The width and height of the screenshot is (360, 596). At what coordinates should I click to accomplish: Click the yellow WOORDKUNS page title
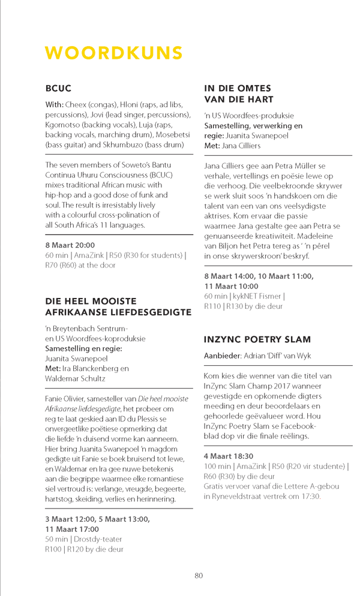pyautogui.click(x=114, y=53)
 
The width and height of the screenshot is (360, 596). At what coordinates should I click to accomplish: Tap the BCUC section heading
pyautogui.click(x=58, y=88)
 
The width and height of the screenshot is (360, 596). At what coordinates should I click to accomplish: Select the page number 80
pyautogui.click(x=199, y=575)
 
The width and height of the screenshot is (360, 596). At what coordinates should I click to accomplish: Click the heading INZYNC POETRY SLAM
pyautogui.click(x=257, y=339)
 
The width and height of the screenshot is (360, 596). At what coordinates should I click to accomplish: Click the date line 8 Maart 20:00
pyautogui.click(x=70, y=245)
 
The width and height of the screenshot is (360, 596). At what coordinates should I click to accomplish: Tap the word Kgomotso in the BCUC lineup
pyautogui.click(x=64, y=125)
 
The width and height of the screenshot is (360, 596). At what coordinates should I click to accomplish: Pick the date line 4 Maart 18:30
pyautogui.click(x=229, y=439)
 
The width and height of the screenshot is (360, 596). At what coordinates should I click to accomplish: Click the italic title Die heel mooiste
pyautogui.click(x=163, y=398)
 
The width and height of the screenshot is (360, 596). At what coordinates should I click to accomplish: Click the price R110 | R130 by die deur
pyautogui.click(x=243, y=306)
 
